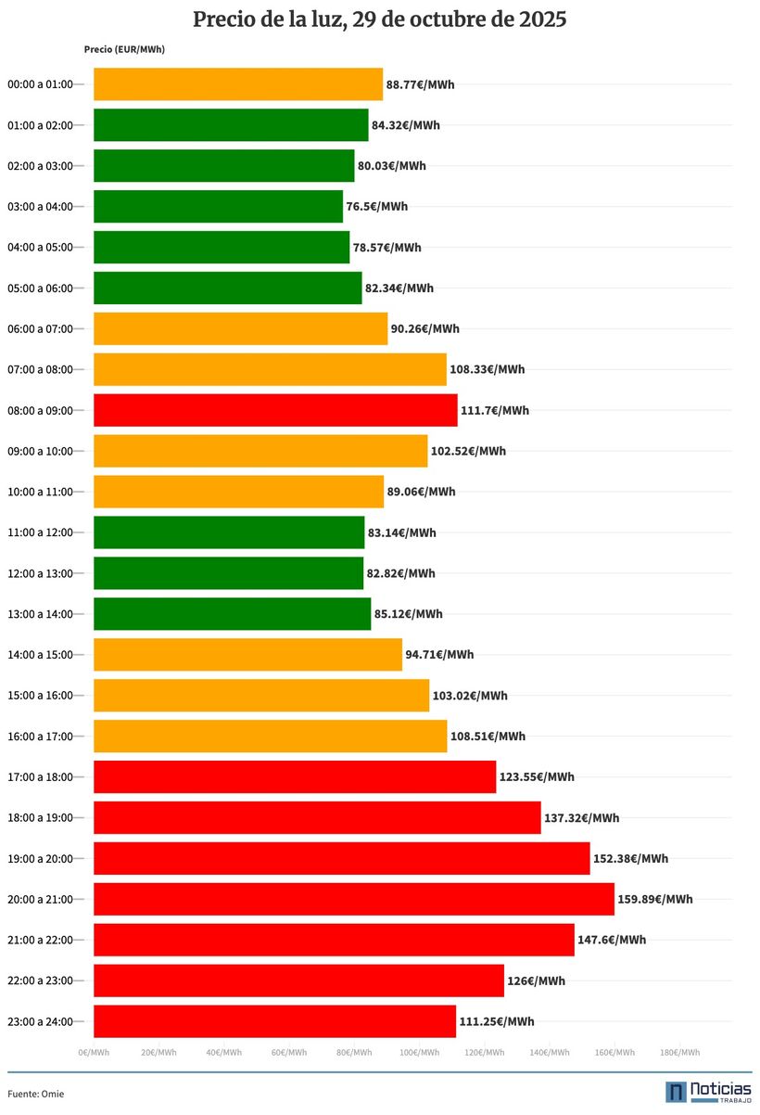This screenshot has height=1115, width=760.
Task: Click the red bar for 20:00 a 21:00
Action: point(353,899)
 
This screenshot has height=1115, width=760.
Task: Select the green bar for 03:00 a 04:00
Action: point(218,206)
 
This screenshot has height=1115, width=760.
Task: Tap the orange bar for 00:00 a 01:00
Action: point(238,84)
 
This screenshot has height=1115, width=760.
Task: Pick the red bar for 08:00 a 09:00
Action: point(275,410)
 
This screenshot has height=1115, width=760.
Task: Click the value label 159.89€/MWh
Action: point(655,899)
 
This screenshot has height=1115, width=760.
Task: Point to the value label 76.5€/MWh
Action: point(376,206)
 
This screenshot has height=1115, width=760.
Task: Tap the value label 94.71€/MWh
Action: point(439,655)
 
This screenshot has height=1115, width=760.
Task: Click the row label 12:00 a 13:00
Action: point(39,573)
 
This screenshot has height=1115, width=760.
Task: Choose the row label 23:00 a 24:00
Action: point(39,1021)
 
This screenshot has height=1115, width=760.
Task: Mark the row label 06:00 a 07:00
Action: point(39,328)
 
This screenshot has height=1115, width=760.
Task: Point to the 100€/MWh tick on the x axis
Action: point(419,1052)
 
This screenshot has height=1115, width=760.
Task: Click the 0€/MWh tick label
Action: point(94,1052)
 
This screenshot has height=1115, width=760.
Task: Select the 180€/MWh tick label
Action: point(679,1052)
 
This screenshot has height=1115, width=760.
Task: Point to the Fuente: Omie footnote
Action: point(36,1094)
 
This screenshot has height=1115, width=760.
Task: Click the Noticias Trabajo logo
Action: point(708,1092)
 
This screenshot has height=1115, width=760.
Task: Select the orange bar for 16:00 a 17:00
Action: point(270,737)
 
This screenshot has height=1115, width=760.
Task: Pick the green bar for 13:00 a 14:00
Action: point(232,614)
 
